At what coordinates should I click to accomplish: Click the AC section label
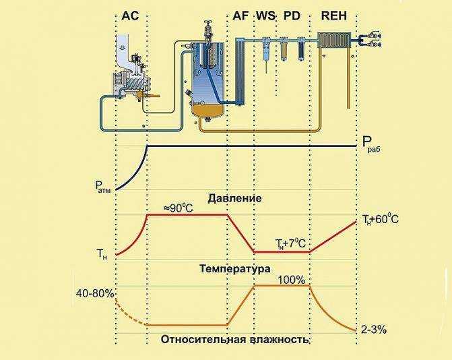(130, 16)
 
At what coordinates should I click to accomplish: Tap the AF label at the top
(240, 16)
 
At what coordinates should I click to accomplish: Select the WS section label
(266, 16)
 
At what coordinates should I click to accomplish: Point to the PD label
(292, 16)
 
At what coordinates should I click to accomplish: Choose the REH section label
(334, 16)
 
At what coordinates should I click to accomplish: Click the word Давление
(234, 198)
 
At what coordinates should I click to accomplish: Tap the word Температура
(235, 269)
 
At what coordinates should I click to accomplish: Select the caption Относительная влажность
(234, 340)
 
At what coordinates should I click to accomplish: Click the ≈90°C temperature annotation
(178, 208)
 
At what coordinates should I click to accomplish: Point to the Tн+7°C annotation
(290, 244)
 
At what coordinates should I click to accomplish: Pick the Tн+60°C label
(381, 220)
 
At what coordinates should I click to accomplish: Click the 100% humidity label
(292, 280)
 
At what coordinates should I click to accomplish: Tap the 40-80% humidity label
(95, 294)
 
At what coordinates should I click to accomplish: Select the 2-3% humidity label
(374, 330)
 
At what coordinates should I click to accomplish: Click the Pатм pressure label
(103, 186)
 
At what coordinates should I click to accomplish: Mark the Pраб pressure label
(371, 145)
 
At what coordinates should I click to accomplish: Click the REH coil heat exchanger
(334, 40)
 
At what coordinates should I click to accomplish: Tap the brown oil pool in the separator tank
(207, 110)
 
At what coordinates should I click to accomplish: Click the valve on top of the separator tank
(208, 30)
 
